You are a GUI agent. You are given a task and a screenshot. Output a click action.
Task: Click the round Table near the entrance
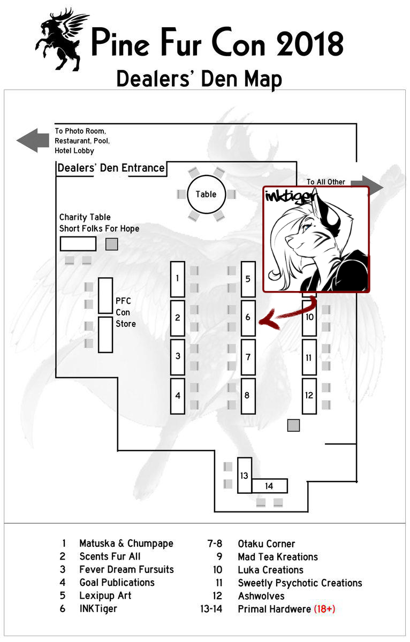click(x=206, y=194)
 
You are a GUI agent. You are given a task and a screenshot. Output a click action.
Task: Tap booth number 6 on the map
click(x=248, y=317)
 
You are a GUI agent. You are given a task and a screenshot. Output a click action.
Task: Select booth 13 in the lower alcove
click(x=245, y=475)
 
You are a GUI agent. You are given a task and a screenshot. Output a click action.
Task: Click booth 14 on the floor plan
click(x=269, y=486)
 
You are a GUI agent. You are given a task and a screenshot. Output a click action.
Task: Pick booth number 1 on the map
click(x=177, y=278)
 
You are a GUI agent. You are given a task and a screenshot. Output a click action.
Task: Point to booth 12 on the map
click(x=309, y=395)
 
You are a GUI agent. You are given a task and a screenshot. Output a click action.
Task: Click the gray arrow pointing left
click(x=33, y=140)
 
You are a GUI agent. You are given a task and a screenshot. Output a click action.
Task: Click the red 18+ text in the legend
click(x=324, y=609)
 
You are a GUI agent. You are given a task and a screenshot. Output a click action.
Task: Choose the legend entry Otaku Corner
click(x=266, y=544)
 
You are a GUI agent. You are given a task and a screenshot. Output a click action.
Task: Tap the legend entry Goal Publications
click(x=117, y=583)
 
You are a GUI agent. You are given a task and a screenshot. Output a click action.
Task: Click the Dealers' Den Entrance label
click(x=111, y=168)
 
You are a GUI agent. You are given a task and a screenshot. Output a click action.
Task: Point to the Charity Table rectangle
click(x=78, y=243)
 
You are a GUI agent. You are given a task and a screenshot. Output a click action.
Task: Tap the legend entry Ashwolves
click(x=261, y=596)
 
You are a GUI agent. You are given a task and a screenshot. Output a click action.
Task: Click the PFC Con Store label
click(x=125, y=312)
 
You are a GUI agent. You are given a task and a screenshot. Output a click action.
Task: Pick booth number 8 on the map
click(x=247, y=395)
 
